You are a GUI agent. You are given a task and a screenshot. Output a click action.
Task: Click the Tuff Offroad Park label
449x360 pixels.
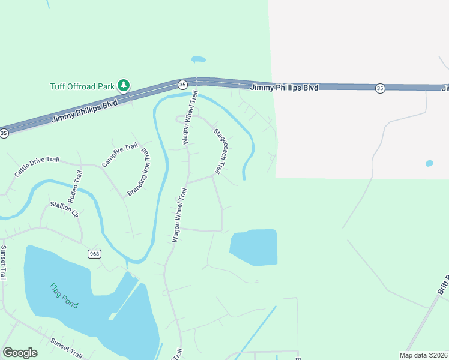[82, 86]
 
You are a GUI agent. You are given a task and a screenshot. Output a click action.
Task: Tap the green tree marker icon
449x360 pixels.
[124, 86]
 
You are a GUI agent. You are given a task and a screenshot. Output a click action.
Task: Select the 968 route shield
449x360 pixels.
[94, 254]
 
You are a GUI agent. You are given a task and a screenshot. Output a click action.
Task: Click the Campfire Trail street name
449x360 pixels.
[120, 155]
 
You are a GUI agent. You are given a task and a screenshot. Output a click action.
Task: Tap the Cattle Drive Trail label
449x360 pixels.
[37, 167]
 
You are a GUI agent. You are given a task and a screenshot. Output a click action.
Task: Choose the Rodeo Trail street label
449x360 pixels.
[75, 186]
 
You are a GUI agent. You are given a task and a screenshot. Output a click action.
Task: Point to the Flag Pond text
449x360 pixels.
[64, 295]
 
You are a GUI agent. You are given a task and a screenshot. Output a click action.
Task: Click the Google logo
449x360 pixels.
[20, 353]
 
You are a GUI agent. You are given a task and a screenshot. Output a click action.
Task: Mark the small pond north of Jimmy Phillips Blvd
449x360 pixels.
[198, 59]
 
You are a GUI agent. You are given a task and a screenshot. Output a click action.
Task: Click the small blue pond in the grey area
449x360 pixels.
[429, 163]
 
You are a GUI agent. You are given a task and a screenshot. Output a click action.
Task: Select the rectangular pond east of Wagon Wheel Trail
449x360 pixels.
[255, 247]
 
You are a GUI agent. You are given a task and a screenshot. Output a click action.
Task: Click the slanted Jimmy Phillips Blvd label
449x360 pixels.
[85, 110]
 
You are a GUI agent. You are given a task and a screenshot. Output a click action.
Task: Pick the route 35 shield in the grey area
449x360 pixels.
[380, 88]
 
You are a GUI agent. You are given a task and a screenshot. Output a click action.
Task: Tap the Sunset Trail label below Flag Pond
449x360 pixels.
[66, 348]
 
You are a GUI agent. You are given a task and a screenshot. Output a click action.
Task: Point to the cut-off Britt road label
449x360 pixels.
[444, 286]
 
